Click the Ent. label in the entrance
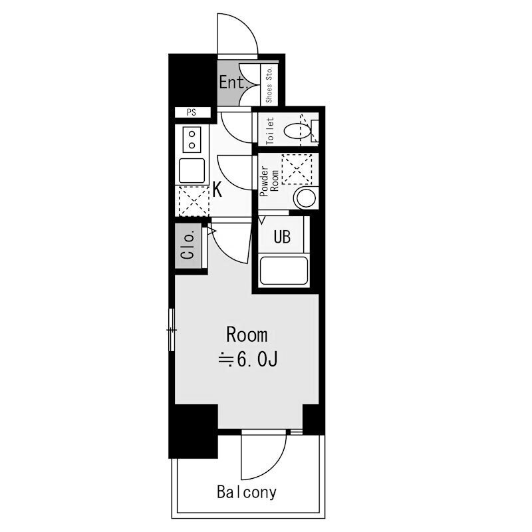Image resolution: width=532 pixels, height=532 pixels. point(233,82)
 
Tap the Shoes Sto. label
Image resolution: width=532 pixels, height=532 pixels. point(269,84)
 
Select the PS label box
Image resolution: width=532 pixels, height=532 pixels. point(192,112)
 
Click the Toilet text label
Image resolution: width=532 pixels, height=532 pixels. point(271,131)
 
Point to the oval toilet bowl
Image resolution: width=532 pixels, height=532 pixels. point(297,131)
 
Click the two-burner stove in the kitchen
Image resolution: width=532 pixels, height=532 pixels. point(192,140)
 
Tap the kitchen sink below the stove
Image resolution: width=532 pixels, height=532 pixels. point(192,171)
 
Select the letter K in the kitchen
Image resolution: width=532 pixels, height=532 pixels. point(217,190)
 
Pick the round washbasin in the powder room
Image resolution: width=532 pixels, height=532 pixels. point(307,198)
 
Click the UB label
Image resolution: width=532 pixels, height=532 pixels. point(282,237)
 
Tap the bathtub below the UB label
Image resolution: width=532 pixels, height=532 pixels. point(284,271)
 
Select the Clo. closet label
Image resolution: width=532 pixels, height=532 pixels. point(188,245)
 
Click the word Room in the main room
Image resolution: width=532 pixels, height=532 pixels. point(247,335)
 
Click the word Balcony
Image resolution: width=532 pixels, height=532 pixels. point(247,492)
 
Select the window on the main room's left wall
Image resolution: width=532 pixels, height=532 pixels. point(172,329)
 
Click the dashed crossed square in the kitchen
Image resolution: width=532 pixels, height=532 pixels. point(194,201)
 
